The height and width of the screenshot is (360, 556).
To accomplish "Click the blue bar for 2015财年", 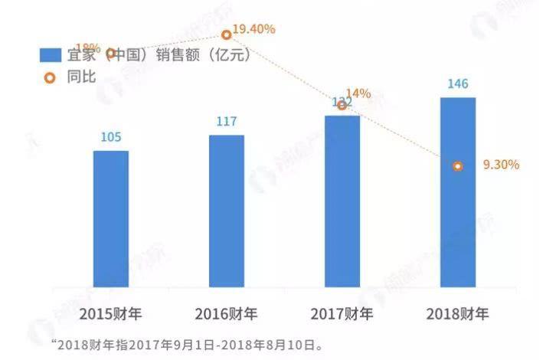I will pyautogui.click(x=111, y=219).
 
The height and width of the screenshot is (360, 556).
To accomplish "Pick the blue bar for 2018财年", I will pyautogui.click(x=458, y=192).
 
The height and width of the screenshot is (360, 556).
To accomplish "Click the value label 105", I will pyautogui.click(x=111, y=138).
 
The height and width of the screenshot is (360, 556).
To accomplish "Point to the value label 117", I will pyautogui.click(x=227, y=122).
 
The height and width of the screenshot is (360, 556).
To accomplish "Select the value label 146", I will pyautogui.click(x=458, y=83).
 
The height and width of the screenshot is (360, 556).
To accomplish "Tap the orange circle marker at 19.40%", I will pyautogui.click(x=227, y=34).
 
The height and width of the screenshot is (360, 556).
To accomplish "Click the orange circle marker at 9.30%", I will pyautogui.click(x=458, y=165).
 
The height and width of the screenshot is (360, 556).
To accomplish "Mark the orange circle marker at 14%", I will pyautogui.click(x=342, y=105).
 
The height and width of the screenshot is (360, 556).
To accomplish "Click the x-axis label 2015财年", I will pyautogui.click(x=111, y=313).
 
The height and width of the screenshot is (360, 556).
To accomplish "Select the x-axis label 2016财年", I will pyautogui.click(x=227, y=313).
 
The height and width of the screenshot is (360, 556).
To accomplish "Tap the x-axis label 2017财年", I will pyautogui.click(x=342, y=313).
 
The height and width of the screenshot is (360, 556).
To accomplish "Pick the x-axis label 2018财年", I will pyautogui.click(x=458, y=313).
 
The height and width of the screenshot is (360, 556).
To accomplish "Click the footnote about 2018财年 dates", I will pyautogui.click(x=188, y=344).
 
